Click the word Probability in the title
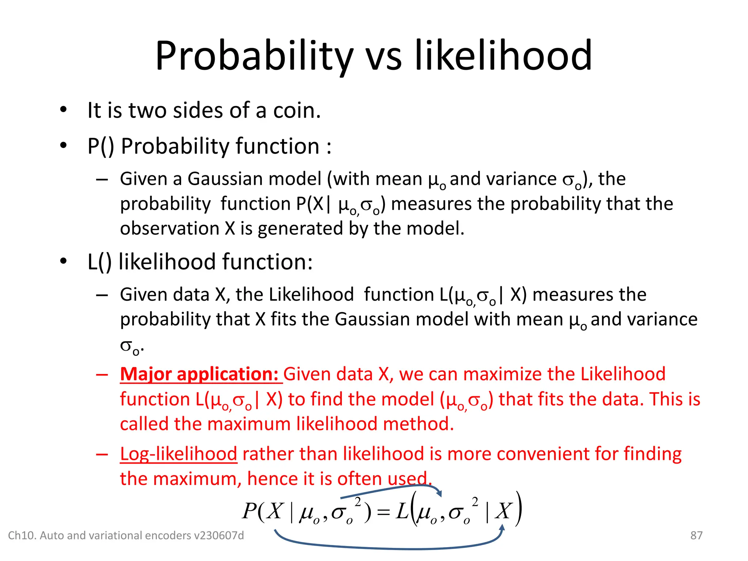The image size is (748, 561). [254, 57]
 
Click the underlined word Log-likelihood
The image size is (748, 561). [179, 454]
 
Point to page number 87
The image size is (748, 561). [696, 535]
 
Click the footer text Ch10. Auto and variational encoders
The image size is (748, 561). [126, 535]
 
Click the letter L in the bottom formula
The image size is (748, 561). [402, 511]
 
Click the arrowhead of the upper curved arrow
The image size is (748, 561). [439, 493]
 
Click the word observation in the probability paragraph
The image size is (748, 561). [169, 229]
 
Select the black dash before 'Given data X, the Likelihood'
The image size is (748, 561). [102, 295]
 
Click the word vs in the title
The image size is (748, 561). [383, 57]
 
